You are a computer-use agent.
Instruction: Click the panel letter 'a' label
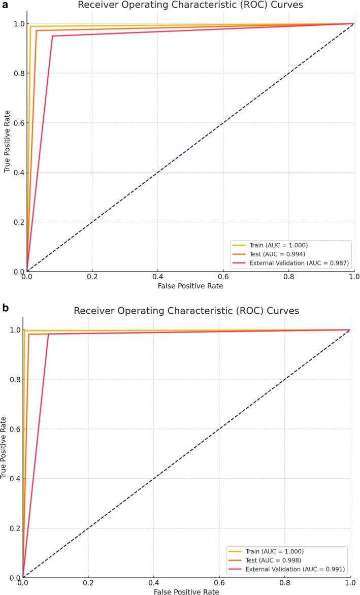(x=4, y=4)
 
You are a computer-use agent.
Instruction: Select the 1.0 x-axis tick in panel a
(x=354, y=278)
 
